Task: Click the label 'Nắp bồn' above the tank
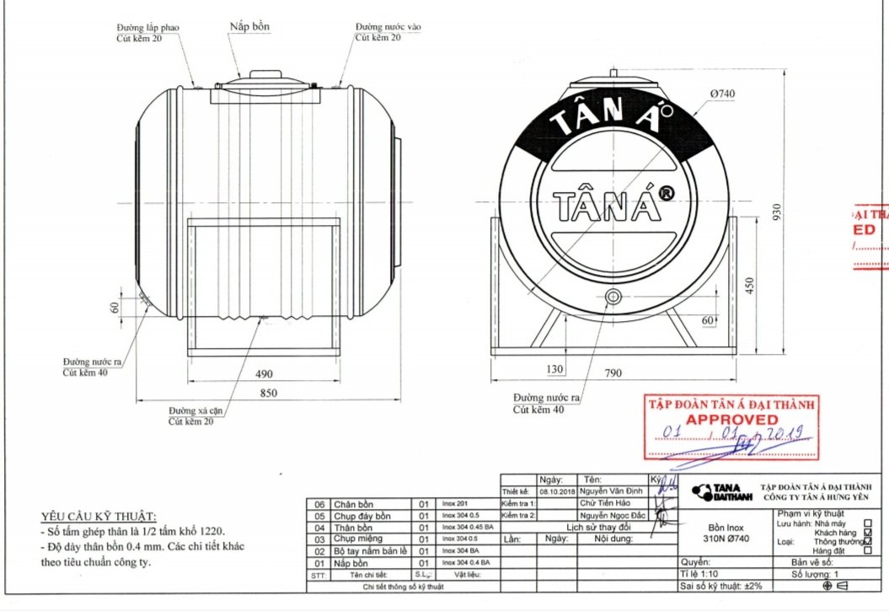click(249, 27)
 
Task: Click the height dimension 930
click(777, 215)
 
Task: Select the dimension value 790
click(614, 369)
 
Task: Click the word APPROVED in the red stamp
click(731, 419)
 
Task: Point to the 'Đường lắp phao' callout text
click(147, 28)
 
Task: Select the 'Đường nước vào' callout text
click(388, 27)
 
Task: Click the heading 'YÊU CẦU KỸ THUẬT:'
click(99, 517)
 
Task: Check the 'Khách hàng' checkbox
click(868, 533)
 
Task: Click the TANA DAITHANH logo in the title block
click(715, 490)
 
